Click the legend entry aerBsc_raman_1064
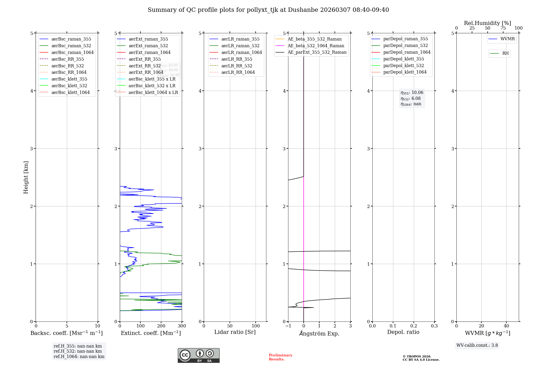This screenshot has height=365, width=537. (x=72, y=52)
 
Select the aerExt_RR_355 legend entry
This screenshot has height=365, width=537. (x=144, y=59)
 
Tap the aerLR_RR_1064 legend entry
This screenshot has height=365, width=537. (x=238, y=72)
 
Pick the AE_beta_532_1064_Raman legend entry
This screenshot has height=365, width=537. (x=316, y=46)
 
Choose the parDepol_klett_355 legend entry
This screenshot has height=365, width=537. (x=404, y=59)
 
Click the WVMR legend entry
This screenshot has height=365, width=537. (x=507, y=39)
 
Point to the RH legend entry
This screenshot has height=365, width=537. (x=505, y=53)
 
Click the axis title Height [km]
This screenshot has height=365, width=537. (x=26, y=177)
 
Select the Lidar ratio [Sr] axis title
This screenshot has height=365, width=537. (x=235, y=332)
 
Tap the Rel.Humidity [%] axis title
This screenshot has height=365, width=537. (x=487, y=23)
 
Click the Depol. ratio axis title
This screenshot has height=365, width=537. (x=403, y=332)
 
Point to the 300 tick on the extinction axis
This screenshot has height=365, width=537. (x=182, y=326)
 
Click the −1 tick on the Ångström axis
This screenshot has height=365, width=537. (x=288, y=326)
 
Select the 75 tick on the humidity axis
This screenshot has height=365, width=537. (x=503, y=28)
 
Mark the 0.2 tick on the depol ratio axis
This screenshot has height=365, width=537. (x=414, y=326)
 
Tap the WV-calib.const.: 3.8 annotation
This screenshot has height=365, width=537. (x=477, y=345)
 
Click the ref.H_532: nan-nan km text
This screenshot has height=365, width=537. (x=78, y=351)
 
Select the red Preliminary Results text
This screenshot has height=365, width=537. (x=280, y=357)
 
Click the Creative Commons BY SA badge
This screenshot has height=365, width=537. (x=198, y=355)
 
